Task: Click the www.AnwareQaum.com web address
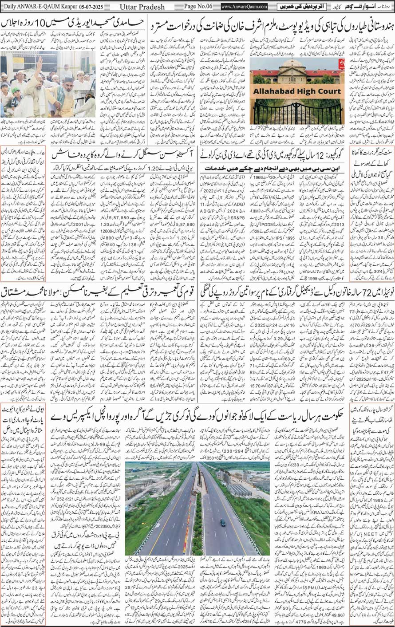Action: coord(244,7)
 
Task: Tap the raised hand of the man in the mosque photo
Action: coord(39,62)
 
